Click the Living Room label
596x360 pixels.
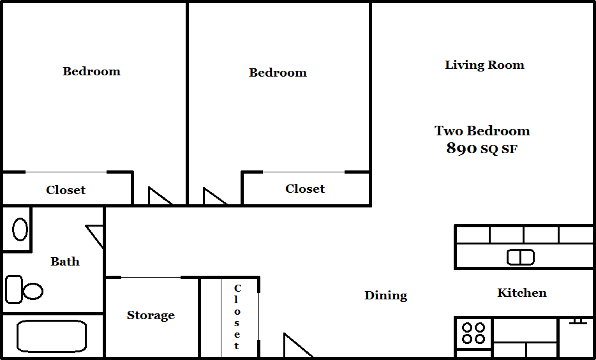click(484, 65)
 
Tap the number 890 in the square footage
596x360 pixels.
click(461, 149)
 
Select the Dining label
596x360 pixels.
click(385, 296)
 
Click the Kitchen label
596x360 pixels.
click(521, 293)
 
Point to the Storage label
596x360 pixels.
click(151, 315)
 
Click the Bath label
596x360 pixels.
click(65, 261)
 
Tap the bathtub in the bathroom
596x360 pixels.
click(51, 336)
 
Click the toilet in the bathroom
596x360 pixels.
click(24, 290)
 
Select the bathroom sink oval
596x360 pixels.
click(20, 229)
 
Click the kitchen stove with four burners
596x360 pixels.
click(473, 333)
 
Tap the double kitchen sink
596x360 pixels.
click(521, 257)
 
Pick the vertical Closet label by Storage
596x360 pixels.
click(237, 317)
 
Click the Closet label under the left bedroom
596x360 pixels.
click(66, 190)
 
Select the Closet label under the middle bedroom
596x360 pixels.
click(305, 189)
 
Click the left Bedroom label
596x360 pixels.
click(91, 71)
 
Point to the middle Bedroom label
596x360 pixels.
click(278, 73)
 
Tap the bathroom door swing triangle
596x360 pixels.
click(96, 234)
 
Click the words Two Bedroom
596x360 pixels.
click(482, 131)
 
